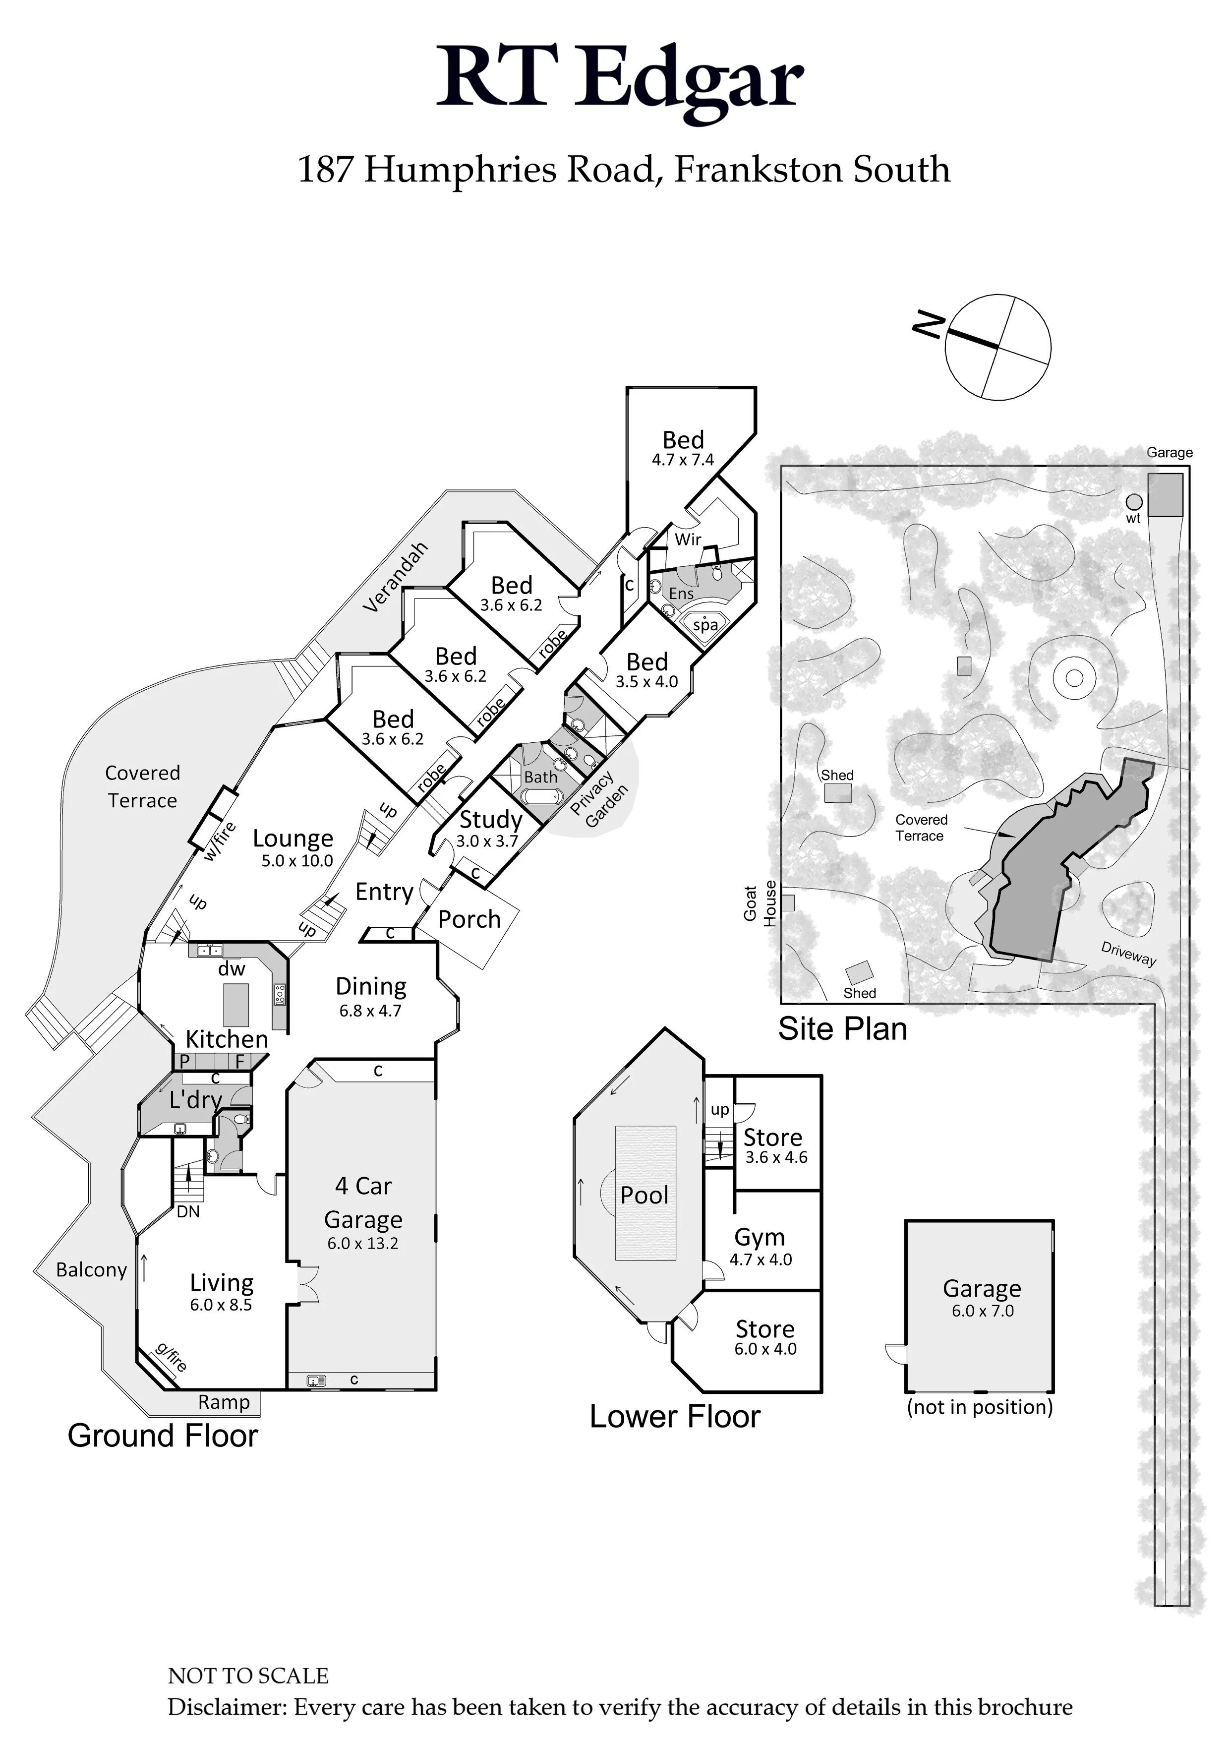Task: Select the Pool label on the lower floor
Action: coord(644,1195)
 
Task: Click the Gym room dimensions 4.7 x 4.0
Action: coord(761,1259)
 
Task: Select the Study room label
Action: coord(491,820)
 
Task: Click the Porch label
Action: coord(469,919)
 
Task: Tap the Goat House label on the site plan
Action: coord(760,903)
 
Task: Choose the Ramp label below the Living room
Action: coord(224,1402)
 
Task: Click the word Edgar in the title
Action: coord(689,79)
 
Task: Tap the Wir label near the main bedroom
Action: coord(688,540)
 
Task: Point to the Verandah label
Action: coord(395,577)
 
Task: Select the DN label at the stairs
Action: coord(188,1212)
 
